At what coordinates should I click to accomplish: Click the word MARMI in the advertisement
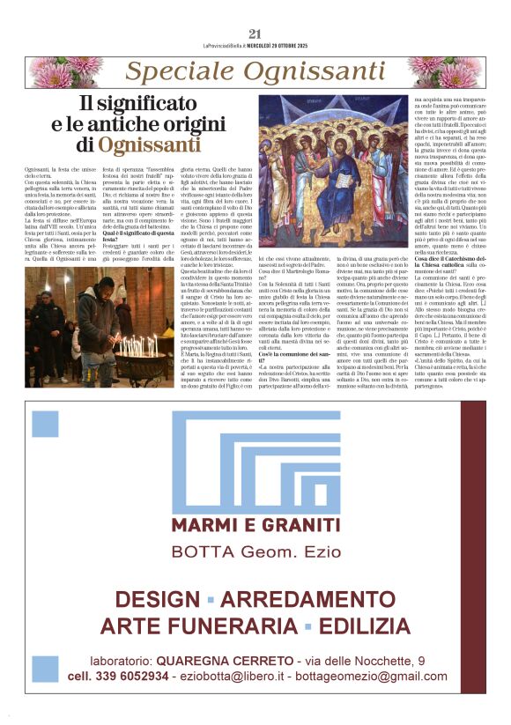(x=206, y=526)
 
